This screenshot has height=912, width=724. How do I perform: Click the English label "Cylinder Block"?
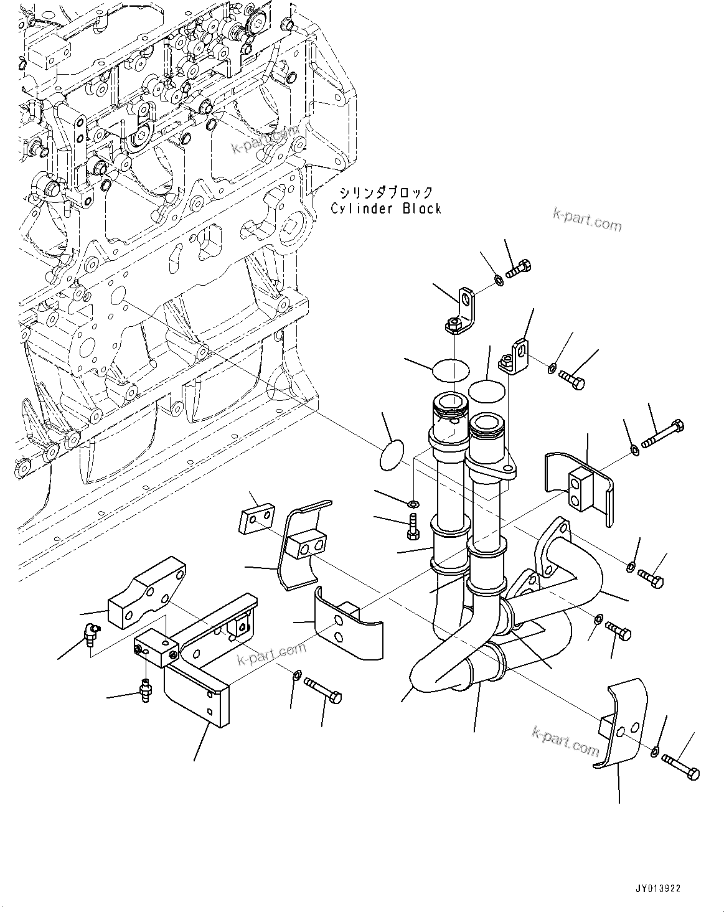(x=385, y=209)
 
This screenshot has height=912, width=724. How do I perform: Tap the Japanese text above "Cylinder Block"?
(x=385, y=192)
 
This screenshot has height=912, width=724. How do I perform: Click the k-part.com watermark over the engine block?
(x=265, y=141)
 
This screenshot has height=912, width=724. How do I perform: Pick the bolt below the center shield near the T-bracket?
(x=323, y=690)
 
